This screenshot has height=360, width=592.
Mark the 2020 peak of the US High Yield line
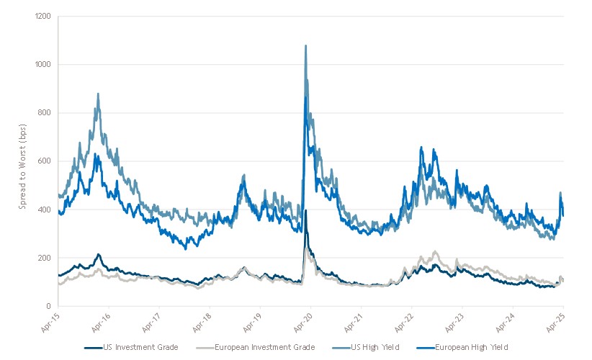[306, 46]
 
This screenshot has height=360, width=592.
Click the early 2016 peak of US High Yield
[98, 94]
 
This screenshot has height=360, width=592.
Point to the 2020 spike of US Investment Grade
[306, 211]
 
